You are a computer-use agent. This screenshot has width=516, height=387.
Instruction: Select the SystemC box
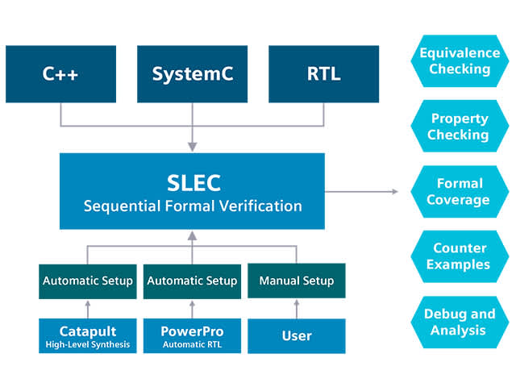click(192, 74)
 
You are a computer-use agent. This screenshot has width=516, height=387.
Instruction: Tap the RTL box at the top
click(323, 74)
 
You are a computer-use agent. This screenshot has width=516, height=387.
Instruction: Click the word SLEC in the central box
click(192, 181)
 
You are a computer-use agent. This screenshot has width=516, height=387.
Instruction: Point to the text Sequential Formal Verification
click(192, 206)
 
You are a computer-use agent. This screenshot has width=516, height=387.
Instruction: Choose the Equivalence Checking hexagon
click(459, 61)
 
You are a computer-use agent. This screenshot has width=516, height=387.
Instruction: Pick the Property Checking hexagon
click(459, 127)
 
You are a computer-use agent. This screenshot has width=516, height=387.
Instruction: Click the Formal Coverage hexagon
click(459, 191)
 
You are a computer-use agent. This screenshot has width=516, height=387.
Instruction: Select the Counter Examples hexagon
click(459, 256)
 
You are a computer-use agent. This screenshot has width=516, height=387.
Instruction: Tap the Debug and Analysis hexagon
click(459, 321)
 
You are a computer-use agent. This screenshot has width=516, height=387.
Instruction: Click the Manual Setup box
click(296, 281)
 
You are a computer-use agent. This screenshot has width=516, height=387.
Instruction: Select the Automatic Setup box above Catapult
click(87, 281)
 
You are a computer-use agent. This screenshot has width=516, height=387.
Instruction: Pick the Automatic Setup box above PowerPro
click(192, 281)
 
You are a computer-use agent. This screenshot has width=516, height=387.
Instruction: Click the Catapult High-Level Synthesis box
click(87, 335)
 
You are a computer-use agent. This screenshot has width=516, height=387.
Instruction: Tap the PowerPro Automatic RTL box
click(192, 335)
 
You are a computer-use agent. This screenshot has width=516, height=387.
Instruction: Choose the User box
click(296, 335)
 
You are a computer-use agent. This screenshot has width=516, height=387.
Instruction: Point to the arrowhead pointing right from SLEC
click(394, 191)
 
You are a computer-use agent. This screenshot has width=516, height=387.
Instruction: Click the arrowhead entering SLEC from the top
click(192, 146)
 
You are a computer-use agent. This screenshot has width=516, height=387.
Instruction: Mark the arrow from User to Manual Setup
click(296, 309)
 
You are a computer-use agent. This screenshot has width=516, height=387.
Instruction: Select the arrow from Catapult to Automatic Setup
click(87, 309)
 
